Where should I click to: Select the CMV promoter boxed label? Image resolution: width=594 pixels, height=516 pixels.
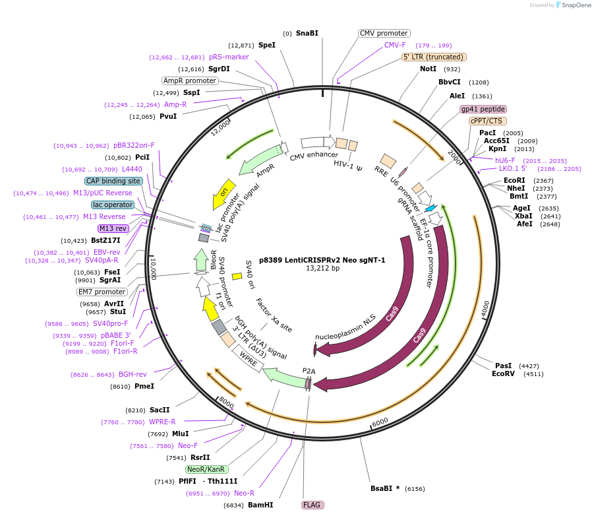(384, 33)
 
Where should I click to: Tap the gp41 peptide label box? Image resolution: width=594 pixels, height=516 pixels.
(483, 109)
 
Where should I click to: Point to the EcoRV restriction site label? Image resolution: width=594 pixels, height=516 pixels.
(504, 374)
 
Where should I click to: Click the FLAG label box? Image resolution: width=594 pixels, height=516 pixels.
(312, 505)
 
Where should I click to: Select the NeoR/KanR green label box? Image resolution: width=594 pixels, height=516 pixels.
(207, 469)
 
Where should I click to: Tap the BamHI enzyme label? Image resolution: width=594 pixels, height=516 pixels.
(260, 505)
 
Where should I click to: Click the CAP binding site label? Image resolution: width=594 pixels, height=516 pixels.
(113, 181)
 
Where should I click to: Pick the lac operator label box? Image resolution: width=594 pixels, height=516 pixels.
(113, 205)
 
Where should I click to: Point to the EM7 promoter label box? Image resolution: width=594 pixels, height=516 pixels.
(102, 292)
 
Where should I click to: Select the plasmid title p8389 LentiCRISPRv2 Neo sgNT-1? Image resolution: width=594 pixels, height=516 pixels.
(322, 260)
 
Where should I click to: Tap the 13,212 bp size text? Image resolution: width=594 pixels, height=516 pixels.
(322, 269)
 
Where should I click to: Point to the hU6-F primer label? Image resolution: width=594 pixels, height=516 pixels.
(505, 160)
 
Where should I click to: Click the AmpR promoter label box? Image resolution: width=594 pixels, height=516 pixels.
(190, 81)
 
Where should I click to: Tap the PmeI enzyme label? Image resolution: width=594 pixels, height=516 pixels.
(144, 387)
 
